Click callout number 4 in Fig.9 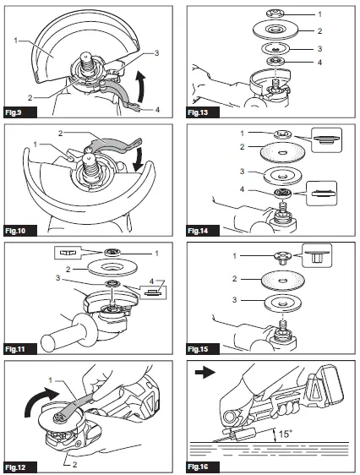coord(158,108)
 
